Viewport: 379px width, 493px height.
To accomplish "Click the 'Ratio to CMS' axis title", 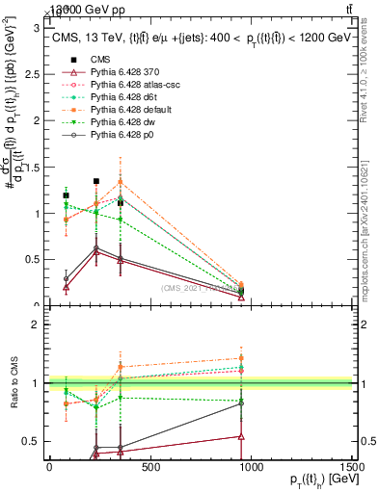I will [13, 383].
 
